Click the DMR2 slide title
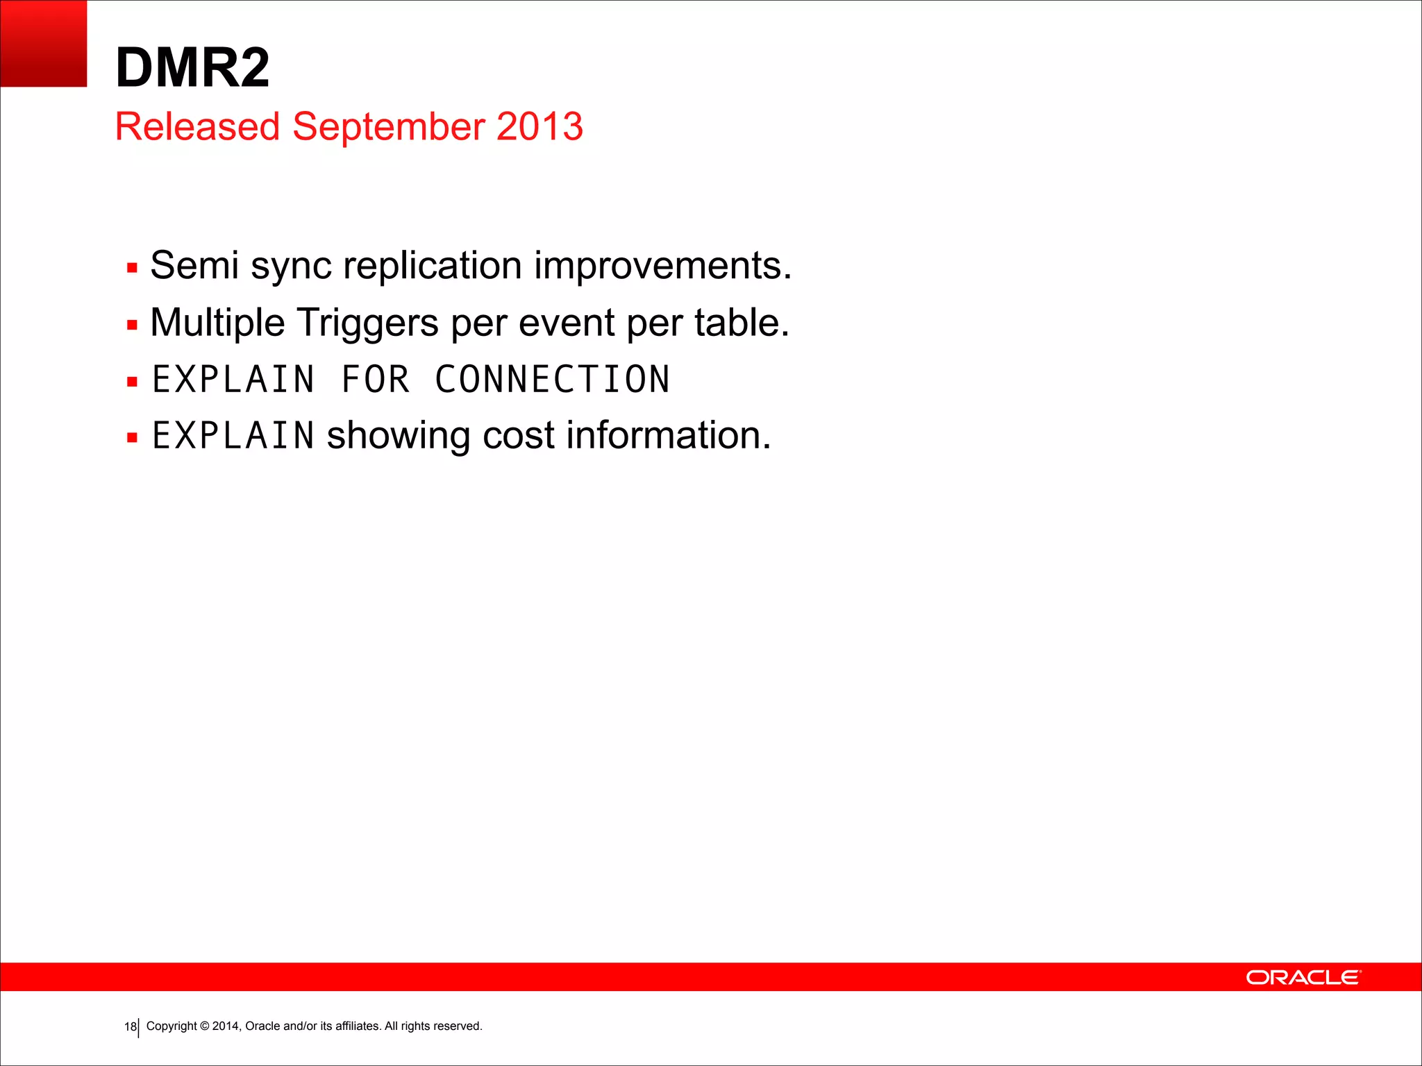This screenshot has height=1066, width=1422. (x=192, y=68)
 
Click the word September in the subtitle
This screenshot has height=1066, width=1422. (x=388, y=127)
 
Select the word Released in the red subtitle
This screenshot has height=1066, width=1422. (x=197, y=126)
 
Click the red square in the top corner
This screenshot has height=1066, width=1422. (x=43, y=43)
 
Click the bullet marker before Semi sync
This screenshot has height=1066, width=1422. (x=132, y=268)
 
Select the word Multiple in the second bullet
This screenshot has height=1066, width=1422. (x=217, y=323)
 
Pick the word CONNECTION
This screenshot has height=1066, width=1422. (x=552, y=380)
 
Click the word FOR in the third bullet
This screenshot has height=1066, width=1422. (x=375, y=380)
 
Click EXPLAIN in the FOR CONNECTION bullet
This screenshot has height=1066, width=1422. (x=233, y=380)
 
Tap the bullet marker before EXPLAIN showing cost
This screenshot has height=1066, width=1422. (x=132, y=438)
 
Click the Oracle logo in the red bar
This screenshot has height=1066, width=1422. (x=1303, y=977)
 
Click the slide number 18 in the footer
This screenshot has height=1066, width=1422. (x=130, y=1027)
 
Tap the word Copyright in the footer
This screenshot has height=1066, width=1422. (x=172, y=1026)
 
